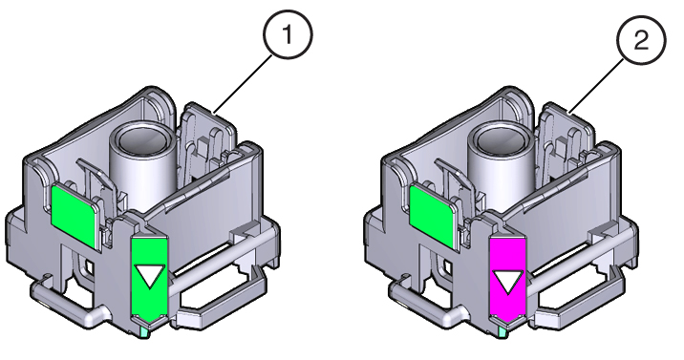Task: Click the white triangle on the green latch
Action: pyautogui.click(x=148, y=276)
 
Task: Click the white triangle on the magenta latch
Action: pyautogui.click(x=505, y=280)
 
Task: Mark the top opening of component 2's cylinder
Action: pyautogui.click(x=498, y=139)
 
